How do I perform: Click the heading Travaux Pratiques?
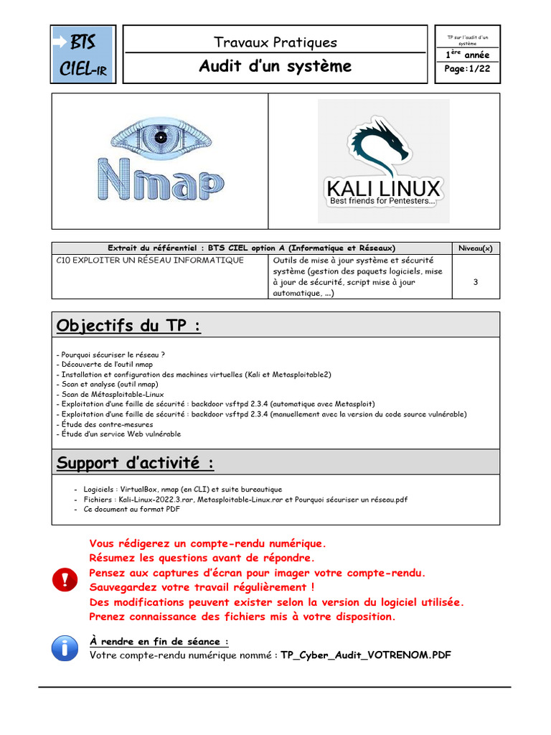(275, 42)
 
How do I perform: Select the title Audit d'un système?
(275, 67)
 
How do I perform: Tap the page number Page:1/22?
(468, 69)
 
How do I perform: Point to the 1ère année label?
(468, 55)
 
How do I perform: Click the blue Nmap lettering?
(159, 179)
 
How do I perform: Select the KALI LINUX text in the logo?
(383, 189)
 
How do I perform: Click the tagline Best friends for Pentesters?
(382, 202)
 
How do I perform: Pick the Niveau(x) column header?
(476, 248)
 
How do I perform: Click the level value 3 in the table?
(476, 282)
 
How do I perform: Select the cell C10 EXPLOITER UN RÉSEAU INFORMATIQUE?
(149, 260)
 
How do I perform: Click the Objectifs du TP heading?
(128, 327)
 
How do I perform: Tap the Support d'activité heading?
(135, 463)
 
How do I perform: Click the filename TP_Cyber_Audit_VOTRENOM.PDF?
(366, 655)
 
